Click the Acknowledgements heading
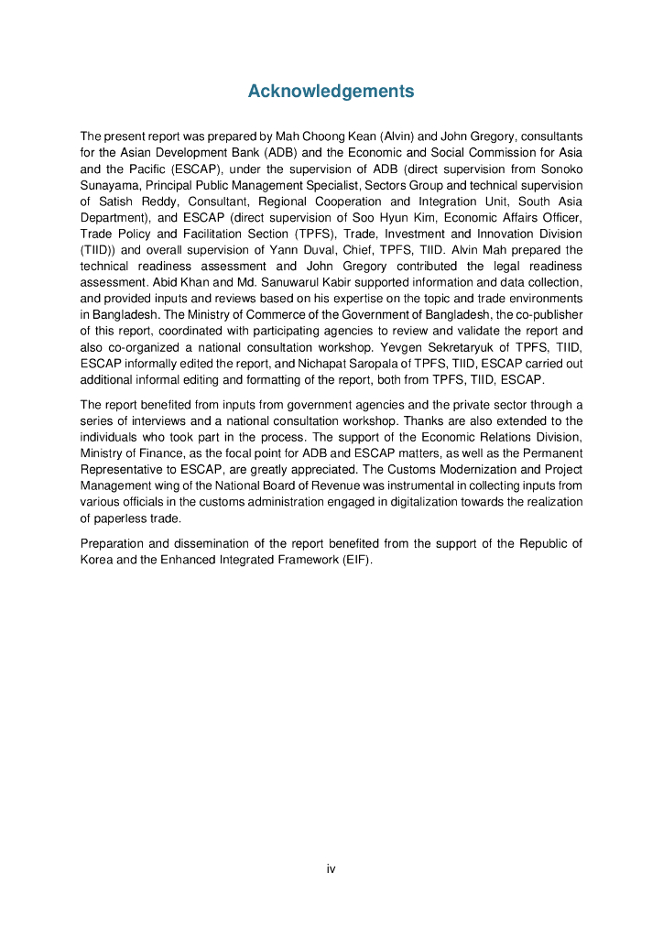click(331, 92)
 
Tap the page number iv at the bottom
click(331, 868)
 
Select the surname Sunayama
click(110, 185)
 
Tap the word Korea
click(97, 561)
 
